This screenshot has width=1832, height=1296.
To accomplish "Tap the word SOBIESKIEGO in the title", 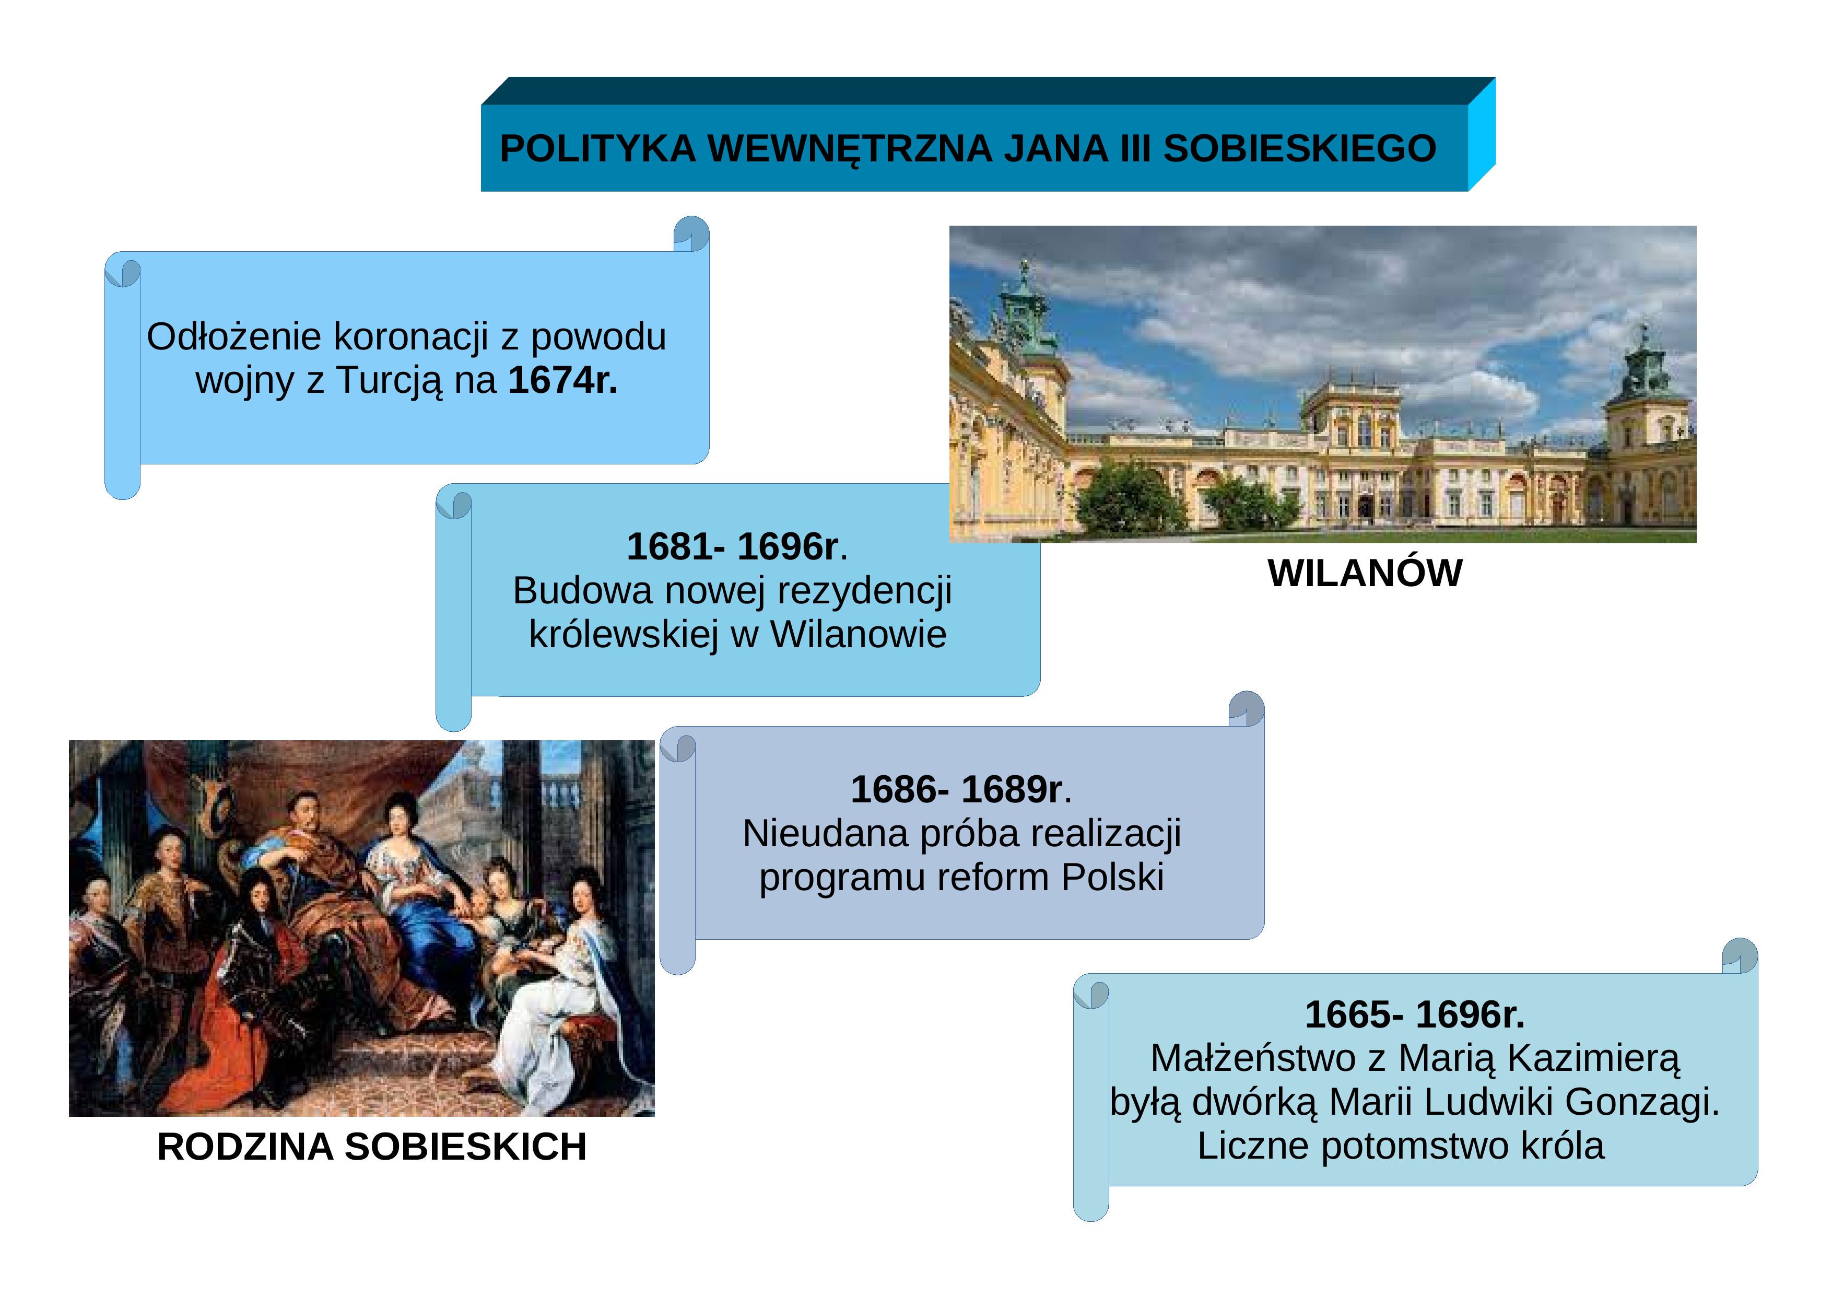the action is coord(1300,148).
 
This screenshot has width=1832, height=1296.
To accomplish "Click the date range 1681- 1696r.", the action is coord(736,546).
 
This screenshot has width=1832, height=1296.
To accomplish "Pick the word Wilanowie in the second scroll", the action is coord(858,635).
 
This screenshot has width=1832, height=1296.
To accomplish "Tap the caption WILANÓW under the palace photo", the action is coord(1365,573).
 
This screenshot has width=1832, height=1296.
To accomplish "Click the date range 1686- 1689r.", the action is coord(961,789).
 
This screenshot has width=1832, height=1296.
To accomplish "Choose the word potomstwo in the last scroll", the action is coord(1415,1147).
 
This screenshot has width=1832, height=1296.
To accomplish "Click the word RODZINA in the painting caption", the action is coord(245,1147).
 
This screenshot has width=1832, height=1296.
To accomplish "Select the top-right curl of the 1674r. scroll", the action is coord(691,234).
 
